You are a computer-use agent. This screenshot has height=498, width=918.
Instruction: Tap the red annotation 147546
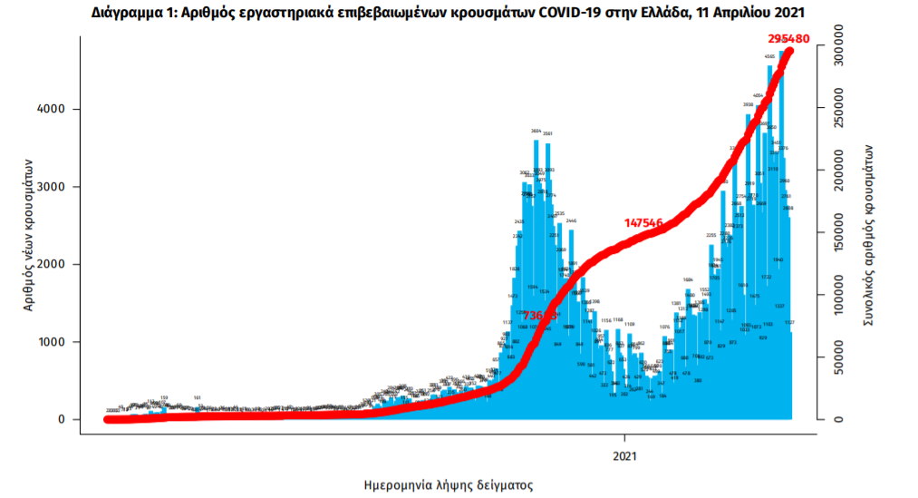click(x=651, y=221)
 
